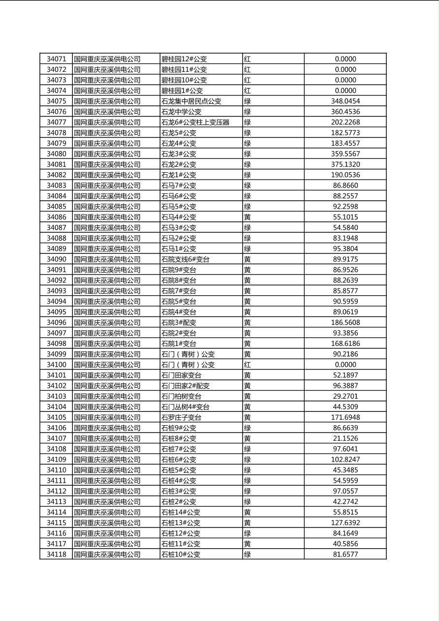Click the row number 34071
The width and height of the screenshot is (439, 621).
(x=56, y=59)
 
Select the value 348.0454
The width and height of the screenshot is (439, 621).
(x=345, y=101)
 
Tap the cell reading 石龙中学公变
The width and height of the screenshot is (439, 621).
(x=182, y=112)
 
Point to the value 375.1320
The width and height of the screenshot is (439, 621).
(x=345, y=164)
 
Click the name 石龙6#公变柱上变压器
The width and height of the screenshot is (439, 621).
(x=195, y=122)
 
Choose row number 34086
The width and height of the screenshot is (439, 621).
(x=56, y=217)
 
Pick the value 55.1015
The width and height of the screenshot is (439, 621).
(x=345, y=217)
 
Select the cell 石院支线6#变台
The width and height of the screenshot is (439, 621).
(x=186, y=259)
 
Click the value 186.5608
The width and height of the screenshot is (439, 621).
(x=345, y=323)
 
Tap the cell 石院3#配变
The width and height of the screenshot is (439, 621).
(x=179, y=323)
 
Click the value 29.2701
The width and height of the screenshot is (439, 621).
(x=345, y=396)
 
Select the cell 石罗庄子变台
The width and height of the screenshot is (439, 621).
(x=182, y=417)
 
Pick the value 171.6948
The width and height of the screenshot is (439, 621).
(x=345, y=417)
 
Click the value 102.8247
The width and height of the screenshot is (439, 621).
(x=345, y=460)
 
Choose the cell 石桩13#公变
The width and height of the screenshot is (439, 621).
(x=181, y=523)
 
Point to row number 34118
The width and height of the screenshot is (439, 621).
(x=56, y=555)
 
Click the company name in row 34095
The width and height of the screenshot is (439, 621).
(x=107, y=312)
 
